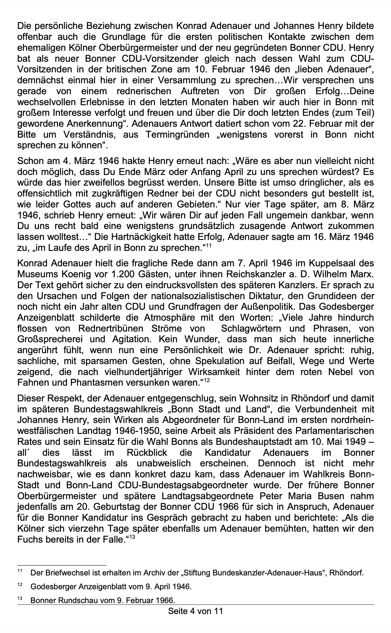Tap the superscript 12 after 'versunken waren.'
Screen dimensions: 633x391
pos(206,381)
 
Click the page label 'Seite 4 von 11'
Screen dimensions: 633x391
pos(195,611)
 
